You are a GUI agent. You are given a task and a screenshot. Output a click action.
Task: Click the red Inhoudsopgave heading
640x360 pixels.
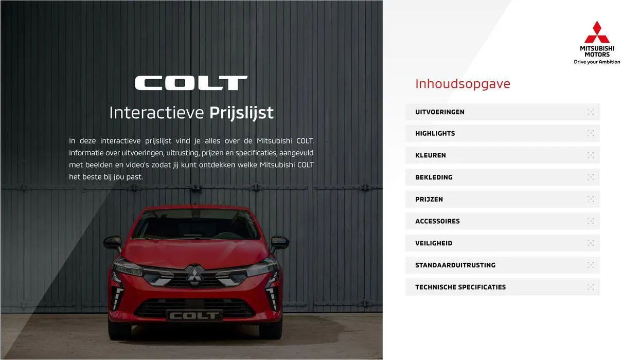pyautogui.click(x=463, y=84)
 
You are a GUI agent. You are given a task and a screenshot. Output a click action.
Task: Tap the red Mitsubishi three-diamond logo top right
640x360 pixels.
pyautogui.click(x=597, y=32)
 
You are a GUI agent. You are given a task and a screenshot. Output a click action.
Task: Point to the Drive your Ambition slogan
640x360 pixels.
pyautogui.click(x=597, y=62)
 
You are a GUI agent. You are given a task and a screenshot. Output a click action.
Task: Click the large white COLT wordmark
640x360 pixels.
pyautogui.click(x=191, y=83)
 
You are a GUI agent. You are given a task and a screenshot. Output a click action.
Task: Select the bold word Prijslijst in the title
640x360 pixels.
pyautogui.click(x=241, y=113)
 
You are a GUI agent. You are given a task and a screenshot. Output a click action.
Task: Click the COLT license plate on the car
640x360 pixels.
pyautogui.click(x=194, y=315)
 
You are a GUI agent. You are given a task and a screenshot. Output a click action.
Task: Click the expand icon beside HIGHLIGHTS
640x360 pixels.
pyautogui.click(x=590, y=134)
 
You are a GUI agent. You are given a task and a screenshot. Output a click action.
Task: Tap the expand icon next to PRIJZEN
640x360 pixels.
pyautogui.click(x=590, y=200)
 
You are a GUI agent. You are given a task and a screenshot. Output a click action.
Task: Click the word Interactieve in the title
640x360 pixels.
pyautogui.click(x=156, y=113)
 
